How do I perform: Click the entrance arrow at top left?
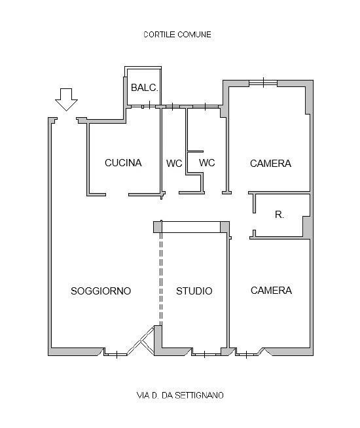[66, 99]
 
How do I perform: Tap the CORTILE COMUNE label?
[177, 35]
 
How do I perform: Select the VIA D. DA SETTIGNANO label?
[180, 395]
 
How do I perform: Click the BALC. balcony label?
[145, 88]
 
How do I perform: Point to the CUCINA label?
[123, 163]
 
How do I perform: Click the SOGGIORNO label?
[101, 291]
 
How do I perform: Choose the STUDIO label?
[194, 291]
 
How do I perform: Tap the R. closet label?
[279, 215]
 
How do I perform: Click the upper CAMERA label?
[270, 164]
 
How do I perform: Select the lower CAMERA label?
[271, 291]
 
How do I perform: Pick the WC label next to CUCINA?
[174, 164]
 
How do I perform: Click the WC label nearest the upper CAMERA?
[207, 163]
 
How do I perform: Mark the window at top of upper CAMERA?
[263, 82]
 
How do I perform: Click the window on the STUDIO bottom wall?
[206, 354]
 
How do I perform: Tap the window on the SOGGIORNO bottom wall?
[117, 355]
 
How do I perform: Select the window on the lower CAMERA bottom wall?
[247, 355]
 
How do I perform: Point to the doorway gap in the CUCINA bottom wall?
[117, 194]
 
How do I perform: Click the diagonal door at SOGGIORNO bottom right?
[141, 340]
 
